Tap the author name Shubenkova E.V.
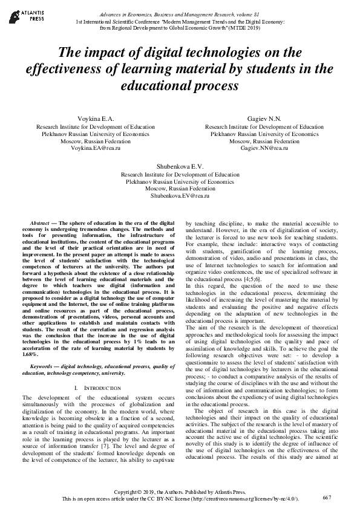coord(179,166)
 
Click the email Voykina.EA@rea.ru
coord(96,148)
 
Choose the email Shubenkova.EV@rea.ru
coord(179,196)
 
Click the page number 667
coord(327,496)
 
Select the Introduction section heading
coord(94,386)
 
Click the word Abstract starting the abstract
coord(39,223)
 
